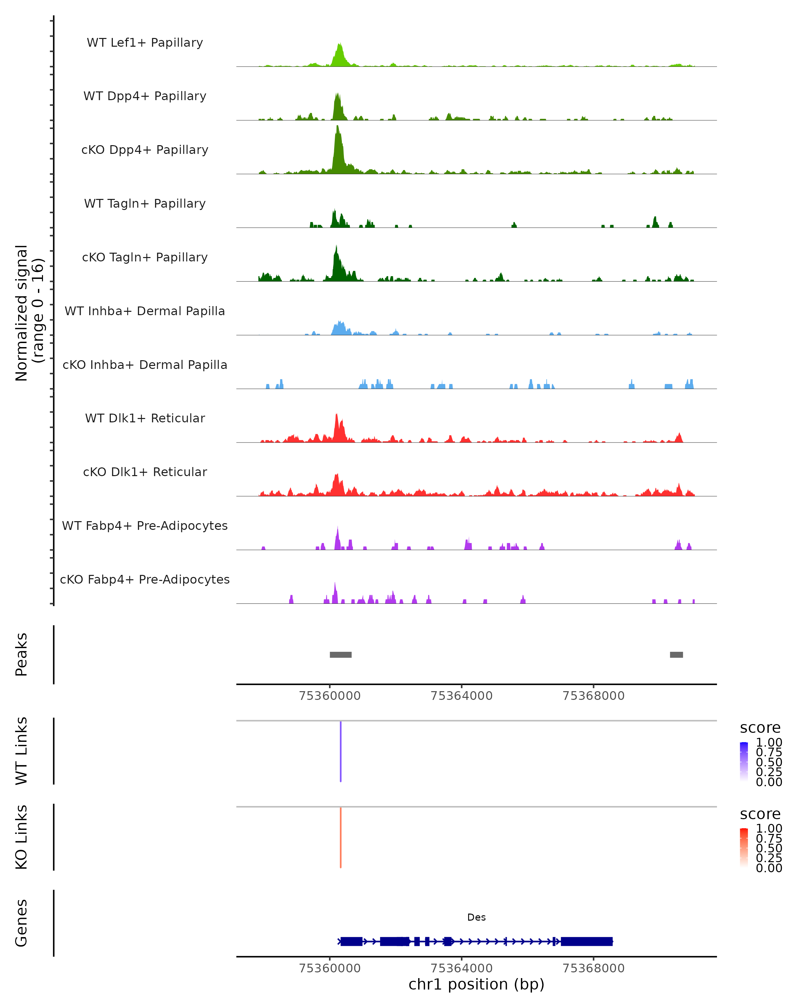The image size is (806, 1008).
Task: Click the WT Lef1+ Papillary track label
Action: coord(145,43)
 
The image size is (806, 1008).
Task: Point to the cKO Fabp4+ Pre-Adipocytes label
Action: coord(145,579)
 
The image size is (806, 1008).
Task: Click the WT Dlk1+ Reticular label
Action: coord(145,418)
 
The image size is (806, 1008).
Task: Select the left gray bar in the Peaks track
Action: coord(341,655)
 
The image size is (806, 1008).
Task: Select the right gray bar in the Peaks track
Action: coord(676,655)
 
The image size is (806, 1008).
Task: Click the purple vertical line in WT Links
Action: coord(341,751)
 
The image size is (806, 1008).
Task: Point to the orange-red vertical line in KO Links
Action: coord(341,837)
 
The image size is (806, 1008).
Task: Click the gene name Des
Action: coord(476,917)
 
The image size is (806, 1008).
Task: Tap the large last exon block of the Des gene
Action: coord(586,941)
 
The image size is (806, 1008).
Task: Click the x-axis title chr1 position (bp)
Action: coord(476,984)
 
